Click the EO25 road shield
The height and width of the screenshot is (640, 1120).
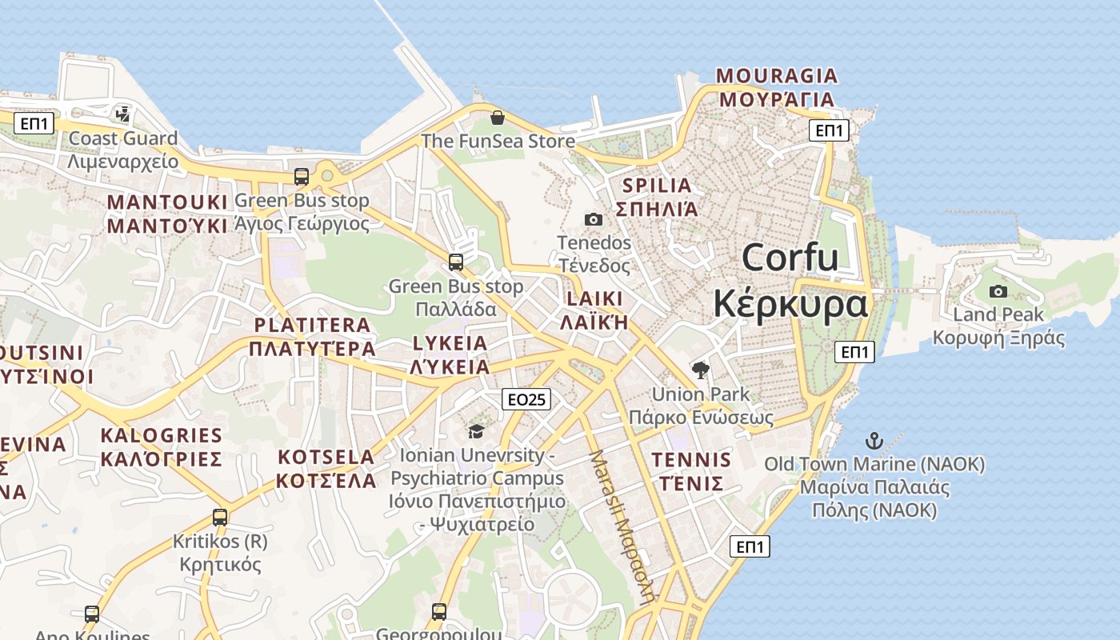pyautogui.click(x=527, y=399)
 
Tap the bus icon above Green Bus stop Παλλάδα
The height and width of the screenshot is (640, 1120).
pyautogui.click(x=456, y=262)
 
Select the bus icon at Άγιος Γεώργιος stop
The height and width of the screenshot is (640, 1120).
pyautogui.click(x=302, y=177)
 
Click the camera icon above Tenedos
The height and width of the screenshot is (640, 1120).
pyautogui.click(x=594, y=219)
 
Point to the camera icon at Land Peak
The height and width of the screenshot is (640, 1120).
pyautogui.click(x=998, y=291)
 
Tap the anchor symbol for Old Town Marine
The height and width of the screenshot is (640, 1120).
pyautogui.click(x=874, y=441)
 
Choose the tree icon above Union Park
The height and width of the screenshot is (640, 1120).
pyautogui.click(x=701, y=370)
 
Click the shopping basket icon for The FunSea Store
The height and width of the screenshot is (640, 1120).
pyautogui.click(x=498, y=118)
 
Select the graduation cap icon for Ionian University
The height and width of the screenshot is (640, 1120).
pyautogui.click(x=476, y=432)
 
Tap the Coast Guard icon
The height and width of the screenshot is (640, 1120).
pyautogui.click(x=122, y=114)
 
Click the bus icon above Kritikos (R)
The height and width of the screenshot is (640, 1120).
pyautogui.click(x=220, y=518)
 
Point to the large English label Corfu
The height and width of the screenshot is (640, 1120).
pyautogui.click(x=790, y=258)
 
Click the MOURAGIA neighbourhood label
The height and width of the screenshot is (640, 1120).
pyautogui.click(x=776, y=76)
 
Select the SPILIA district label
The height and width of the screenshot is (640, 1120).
pyautogui.click(x=656, y=186)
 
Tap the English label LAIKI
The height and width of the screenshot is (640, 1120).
pyautogui.click(x=594, y=299)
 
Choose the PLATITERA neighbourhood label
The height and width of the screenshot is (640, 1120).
pyautogui.click(x=312, y=326)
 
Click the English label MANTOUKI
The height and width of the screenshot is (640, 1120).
pyautogui.click(x=167, y=201)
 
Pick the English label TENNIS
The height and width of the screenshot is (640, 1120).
pyautogui.click(x=691, y=460)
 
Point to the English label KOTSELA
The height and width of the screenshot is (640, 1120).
pyautogui.click(x=326, y=458)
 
